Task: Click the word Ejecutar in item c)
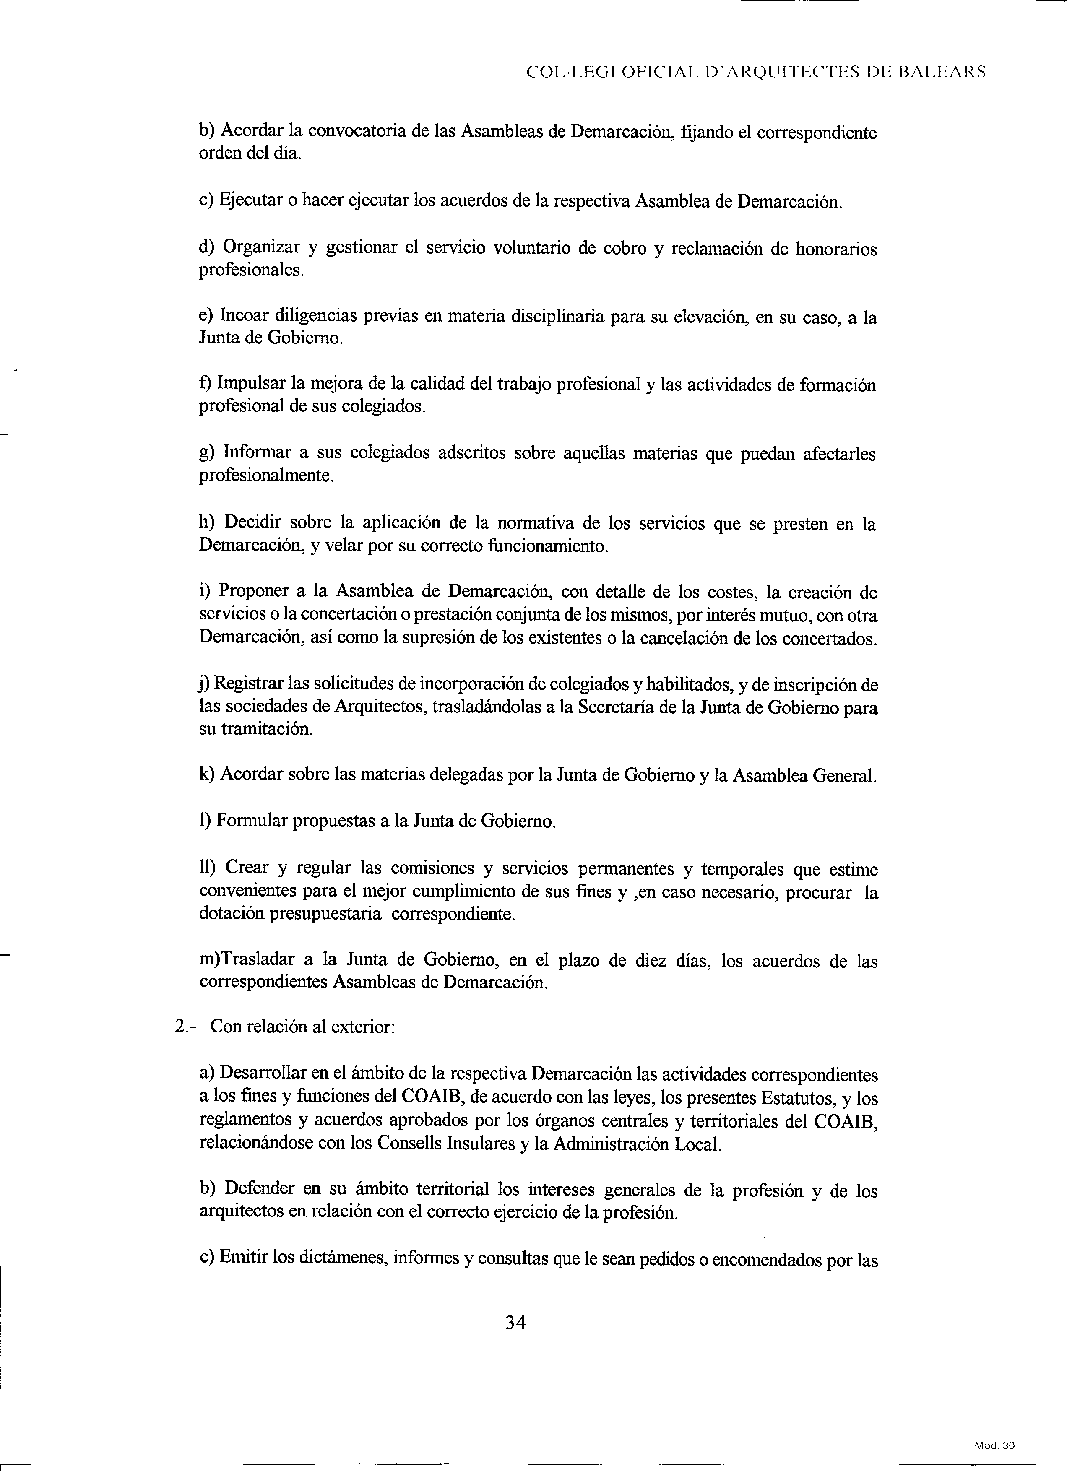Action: [x=248, y=200]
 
